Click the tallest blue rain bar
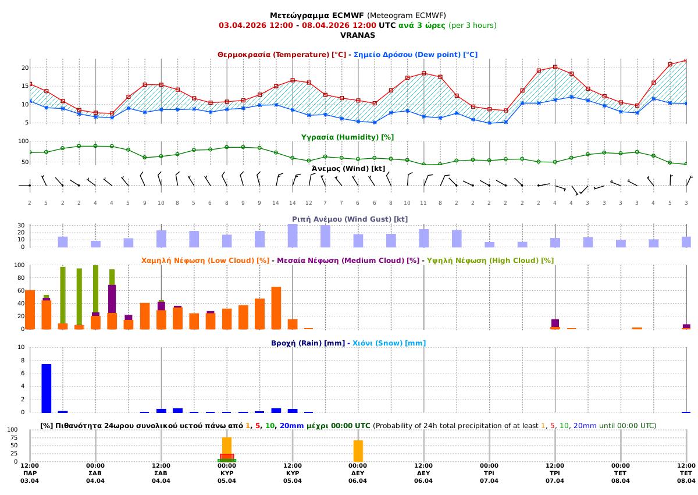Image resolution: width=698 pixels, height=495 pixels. pyautogui.click(x=47, y=388)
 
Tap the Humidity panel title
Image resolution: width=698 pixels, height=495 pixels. pyautogui.click(x=347, y=137)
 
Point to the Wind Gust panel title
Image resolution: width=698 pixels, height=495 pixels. pyautogui.click(x=349, y=219)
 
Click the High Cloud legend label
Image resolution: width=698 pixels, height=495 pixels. pyautogui.click(x=490, y=261)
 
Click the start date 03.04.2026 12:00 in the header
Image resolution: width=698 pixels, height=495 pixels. pyautogui.click(x=255, y=26)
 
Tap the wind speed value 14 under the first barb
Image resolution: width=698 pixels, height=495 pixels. pyautogui.click(x=276, y=202)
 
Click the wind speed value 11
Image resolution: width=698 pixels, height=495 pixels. pyautogui.click(x=423, y=202)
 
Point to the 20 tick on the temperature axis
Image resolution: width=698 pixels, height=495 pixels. pyautogui.click(x=25, y=67)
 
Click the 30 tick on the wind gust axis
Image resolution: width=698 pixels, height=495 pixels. pyautogui.click(x=21, y=226)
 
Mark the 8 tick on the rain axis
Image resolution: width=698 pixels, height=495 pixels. pyautogui.click(x=22, y=361)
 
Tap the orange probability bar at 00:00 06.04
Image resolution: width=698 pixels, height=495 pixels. pyautogui.click(x=358, y=451)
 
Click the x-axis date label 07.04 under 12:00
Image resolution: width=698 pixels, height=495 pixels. pyautogui.click(x=555, y=481)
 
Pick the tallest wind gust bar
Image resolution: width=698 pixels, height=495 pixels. pyautogui.click(x=293, y=236)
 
